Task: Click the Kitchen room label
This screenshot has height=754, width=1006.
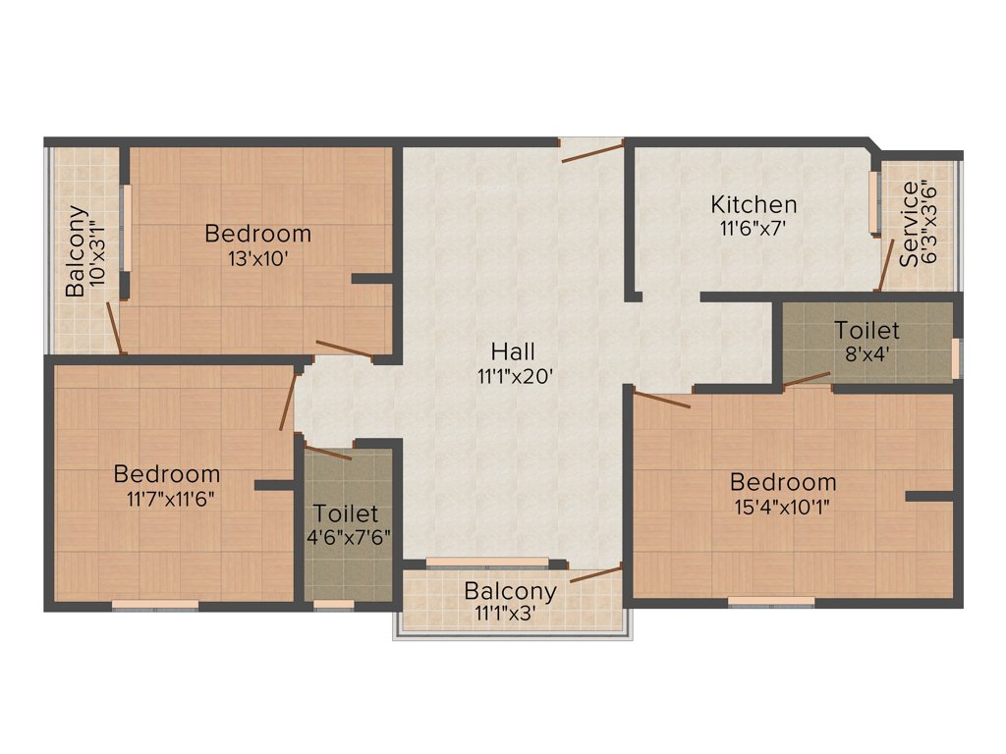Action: point(754,205)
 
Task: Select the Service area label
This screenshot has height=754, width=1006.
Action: point(911,224)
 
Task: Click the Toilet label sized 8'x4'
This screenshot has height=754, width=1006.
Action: point(866,330)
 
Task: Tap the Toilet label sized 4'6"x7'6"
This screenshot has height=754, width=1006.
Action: point(346,513)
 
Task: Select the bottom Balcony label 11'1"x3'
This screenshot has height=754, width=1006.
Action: point(510,592)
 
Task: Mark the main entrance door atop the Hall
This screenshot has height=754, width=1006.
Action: point(592,149)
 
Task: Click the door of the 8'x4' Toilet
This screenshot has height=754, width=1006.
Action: point(807,379)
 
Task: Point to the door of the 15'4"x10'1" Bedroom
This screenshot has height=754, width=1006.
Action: point(661,399)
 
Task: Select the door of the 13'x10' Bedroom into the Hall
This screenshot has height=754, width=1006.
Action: point(343,348)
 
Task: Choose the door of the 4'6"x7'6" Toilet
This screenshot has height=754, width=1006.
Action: point(327,452)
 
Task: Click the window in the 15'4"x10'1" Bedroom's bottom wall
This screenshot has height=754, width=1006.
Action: point(771,601)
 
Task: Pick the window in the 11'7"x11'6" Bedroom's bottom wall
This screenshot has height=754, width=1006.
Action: point(155,605)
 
